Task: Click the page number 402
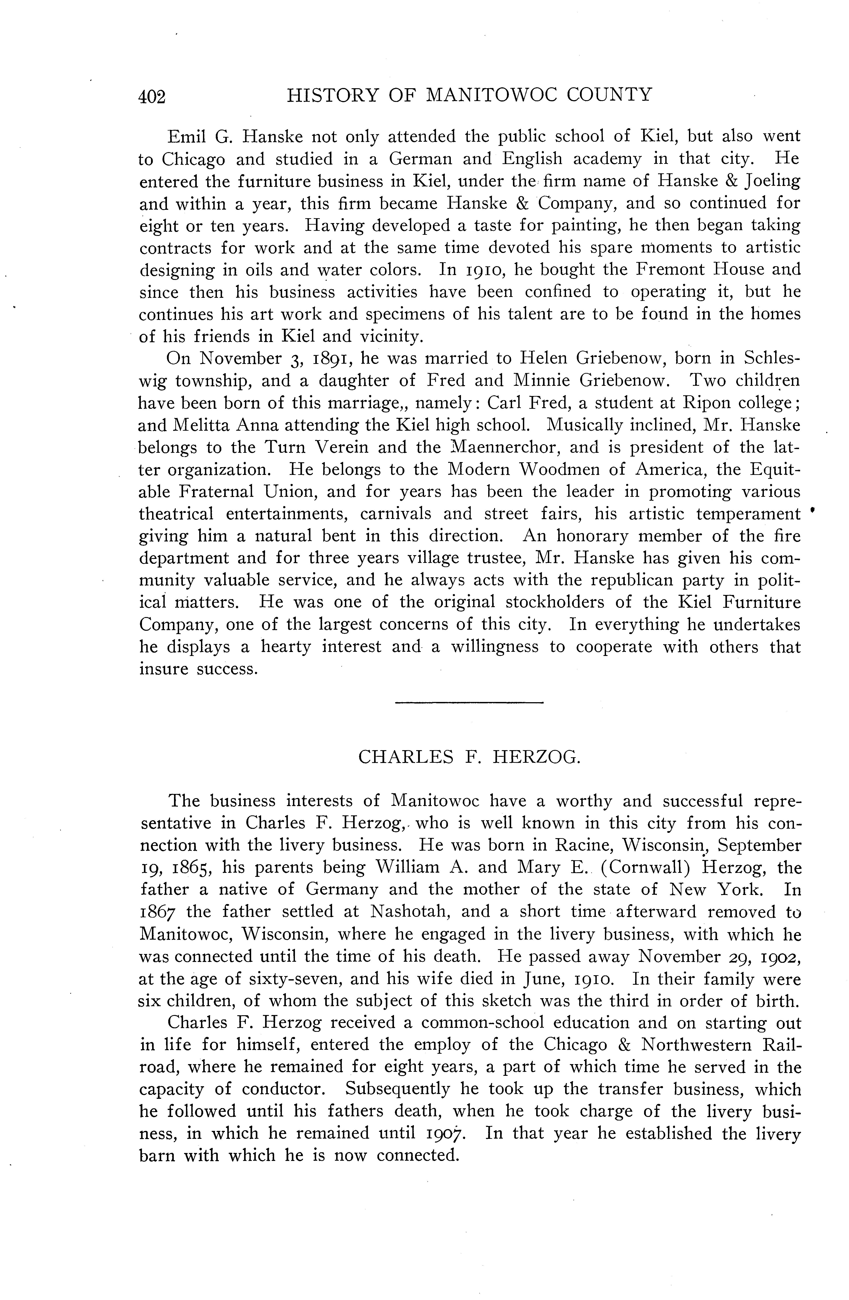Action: (x=152, y=97)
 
